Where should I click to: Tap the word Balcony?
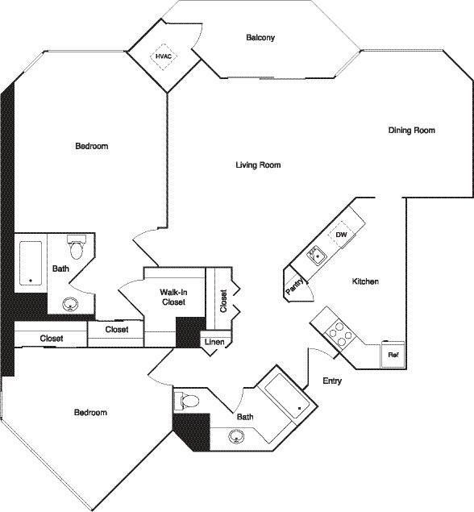pyautogui.click(x=260, y=37)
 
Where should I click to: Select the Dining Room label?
pyautogui.click(x=411, y=130)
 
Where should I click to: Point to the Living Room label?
pyautogui.click(x=258, y=165)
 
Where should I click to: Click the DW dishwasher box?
pyautogui.click(x=341, y=235)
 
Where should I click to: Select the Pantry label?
pyautogui.click(x=294, y=286)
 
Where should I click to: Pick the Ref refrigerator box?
pyautogui.click(x=393, y=355)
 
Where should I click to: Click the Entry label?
pyautogui.click(x=332, y=381)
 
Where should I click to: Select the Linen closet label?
pyautogui.click(x=214, y=343)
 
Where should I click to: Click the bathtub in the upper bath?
pyautogui.click(x=31, y=262)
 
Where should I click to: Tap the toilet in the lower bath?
pyautogui.click(x=189, y=401)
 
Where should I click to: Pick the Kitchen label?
pyautogui.click(x=365, y=281)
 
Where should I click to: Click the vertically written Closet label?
pyautogui.click(x=223, y=300)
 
